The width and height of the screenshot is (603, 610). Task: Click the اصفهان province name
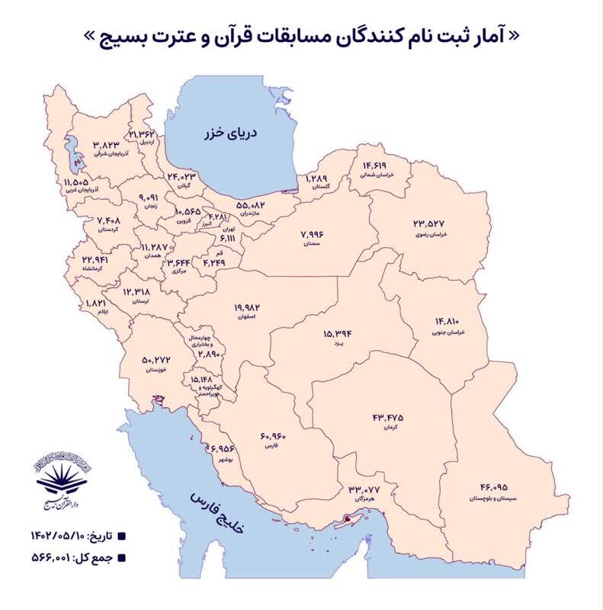point(243,317)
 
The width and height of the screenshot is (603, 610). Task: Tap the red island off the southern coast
point(349,519)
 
